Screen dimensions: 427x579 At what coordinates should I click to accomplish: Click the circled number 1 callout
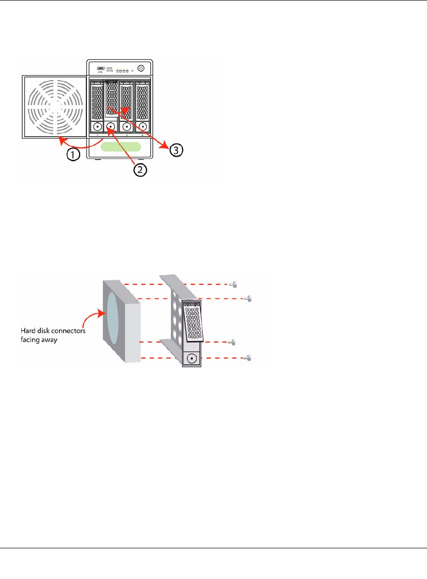pyautogui.click(x=73, y=154)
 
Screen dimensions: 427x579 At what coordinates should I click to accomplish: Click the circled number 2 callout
pyautogui.click(x=140, y=169)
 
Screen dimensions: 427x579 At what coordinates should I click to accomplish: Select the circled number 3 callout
pyautogui.click(x=176, y=149)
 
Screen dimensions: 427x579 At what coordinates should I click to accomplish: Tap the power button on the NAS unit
pyautogui.click(x=141, y=69)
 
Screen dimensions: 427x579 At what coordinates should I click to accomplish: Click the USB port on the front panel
pyautogui.click(x=100, y=67)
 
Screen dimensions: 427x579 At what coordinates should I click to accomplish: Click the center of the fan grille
pyautogui.click(x=55, y=105)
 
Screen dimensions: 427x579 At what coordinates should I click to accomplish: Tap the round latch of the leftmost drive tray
pyautogui.click(x=95, y=128)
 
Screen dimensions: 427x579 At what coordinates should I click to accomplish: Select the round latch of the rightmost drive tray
pyautogui.click(x=143, y=128)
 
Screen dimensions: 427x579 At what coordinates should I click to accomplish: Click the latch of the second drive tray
pyautogui.click(x=111, y=127)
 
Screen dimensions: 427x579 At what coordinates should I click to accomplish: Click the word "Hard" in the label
pyautogui.click(x=28, y=331)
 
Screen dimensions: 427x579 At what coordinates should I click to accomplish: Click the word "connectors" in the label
pyautogui.click(x=68, y=331)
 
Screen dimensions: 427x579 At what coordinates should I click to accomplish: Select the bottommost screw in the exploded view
pyautogui.click(x=249, y=358)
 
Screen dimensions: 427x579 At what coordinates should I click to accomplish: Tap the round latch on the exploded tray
pyautogui.click(x=192, y=358)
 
